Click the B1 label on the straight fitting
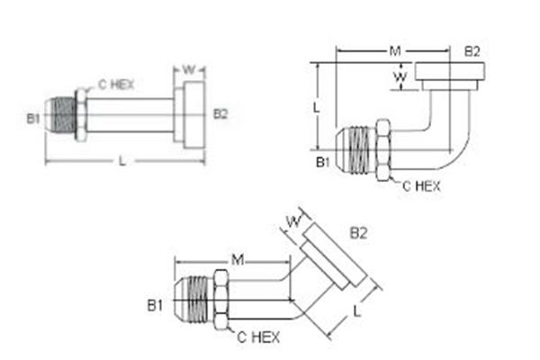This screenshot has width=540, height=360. click(x=33, y=117)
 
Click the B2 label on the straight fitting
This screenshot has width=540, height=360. click(x=220, y=113)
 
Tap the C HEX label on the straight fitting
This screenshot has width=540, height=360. click(x=116, y=84)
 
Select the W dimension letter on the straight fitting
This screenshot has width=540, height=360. click(x=189, y=69)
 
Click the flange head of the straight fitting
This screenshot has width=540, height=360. click(x=193, y=114)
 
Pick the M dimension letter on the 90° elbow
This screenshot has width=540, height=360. click(x=394, y=51)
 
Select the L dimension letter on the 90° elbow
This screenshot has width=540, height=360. click(x=317, y=106)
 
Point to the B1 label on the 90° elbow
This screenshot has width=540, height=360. click(x=321, y=162)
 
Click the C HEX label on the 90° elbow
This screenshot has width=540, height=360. click(x=420, y=186)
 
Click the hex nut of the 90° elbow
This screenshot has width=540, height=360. click(x=383, y=149)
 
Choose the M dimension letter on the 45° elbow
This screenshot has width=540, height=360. click(x=238, y=261)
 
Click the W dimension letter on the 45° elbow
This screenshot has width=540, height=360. click(x=292, y=220)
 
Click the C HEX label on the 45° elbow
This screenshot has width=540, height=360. click(x=259, y=337)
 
